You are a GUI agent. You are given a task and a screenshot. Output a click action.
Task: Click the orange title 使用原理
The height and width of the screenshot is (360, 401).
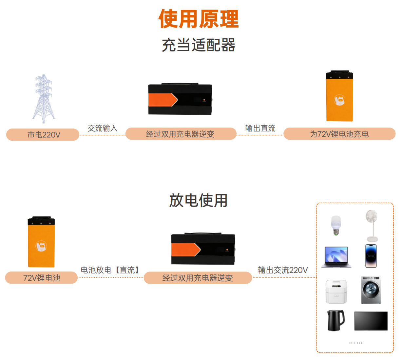(199, 19)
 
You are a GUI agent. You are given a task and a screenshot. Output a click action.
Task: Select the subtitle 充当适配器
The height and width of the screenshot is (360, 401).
(199, 45)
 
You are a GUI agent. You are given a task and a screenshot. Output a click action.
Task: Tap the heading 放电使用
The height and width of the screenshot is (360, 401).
(198, 201)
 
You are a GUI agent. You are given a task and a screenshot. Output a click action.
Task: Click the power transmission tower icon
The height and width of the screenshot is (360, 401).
(44, 99)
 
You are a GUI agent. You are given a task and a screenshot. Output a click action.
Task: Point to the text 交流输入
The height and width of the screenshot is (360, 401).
(102, 128)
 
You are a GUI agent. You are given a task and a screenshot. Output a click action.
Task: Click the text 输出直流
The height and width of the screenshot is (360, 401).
(260, 128)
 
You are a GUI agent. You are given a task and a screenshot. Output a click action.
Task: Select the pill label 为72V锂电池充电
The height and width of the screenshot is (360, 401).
(339, 134)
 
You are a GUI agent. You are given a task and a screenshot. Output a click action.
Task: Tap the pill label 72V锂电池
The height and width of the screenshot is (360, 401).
(41, 278)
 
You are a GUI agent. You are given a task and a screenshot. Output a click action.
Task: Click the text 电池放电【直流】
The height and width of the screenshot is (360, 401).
(110, 270)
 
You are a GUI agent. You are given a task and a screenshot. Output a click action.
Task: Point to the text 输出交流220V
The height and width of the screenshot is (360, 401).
(283, 270)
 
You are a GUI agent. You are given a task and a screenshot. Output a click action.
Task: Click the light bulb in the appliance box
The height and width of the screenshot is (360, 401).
(336, 225)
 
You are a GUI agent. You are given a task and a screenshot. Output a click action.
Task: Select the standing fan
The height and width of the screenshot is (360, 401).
(372, 226)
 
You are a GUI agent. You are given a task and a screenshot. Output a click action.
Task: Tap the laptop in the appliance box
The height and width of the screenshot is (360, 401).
(336, 257)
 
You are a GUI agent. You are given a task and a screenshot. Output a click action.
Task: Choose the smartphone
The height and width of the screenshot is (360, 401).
(371, 256)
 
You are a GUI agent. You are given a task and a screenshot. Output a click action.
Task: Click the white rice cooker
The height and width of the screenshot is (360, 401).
(336, 292)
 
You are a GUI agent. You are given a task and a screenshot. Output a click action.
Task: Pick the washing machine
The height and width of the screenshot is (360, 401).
(371, 290)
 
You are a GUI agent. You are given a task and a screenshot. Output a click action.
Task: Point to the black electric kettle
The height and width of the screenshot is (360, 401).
(336, 320)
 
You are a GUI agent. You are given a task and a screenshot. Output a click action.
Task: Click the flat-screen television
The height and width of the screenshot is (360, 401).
(371, 321)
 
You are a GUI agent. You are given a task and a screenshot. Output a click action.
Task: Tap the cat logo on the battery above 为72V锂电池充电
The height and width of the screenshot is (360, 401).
(340, 100)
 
